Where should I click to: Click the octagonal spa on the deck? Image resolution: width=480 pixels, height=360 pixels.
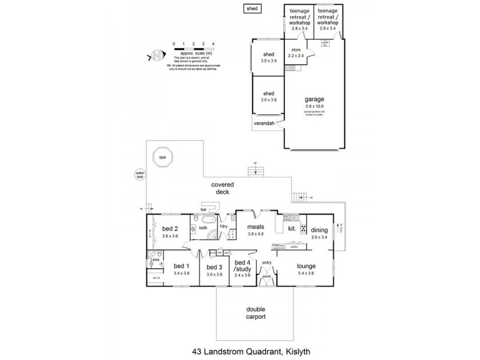(x=162, y=158)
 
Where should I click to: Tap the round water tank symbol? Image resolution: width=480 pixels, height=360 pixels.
(x=140, y=175)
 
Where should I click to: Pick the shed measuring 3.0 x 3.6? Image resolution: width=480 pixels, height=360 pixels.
(x=268, y=97)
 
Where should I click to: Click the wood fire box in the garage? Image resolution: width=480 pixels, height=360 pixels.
(x=326, y=43)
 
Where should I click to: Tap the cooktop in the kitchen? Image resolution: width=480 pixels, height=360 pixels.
(x=304, y=228)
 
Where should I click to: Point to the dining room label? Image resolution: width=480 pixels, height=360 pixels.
(x=319, y=229)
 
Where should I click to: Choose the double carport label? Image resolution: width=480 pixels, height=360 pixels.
(x=256, y=313)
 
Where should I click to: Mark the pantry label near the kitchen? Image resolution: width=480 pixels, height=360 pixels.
(x=294, y=246)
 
